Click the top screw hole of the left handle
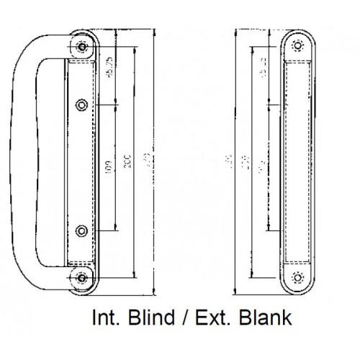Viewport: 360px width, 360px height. [x=83, y=47]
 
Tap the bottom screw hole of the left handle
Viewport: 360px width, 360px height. [x=83, y=276]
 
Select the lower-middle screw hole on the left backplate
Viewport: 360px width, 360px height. [x=82, y=230]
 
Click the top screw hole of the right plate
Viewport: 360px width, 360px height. [x=297, y=46]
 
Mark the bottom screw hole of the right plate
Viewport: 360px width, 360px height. [x=297, y=276]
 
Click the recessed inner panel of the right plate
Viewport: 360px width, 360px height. [x=297, y=160]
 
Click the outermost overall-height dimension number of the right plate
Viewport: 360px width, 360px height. [x=228, y=157]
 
